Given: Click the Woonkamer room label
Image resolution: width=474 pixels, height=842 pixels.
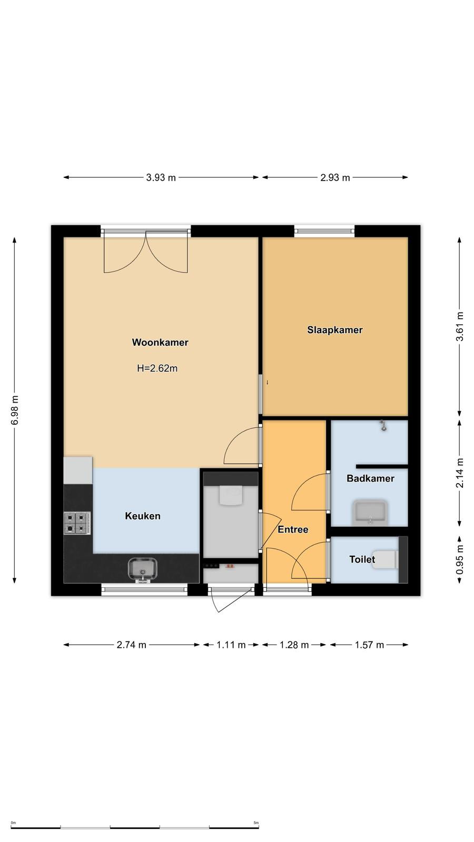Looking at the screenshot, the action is tap(160, 343).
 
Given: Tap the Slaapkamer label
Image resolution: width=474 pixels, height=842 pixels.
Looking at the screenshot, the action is tap(335, 330).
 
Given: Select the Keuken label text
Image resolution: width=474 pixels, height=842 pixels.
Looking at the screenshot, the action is tap(143, 516).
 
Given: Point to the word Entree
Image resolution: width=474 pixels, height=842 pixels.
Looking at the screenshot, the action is tap(293, 529).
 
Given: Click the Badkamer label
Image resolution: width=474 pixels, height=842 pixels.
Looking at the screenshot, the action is tap(371, 478).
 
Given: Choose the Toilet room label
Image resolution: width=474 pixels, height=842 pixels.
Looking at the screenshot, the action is tap(362, 559).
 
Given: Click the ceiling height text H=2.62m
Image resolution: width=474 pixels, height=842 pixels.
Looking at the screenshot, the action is tap(157, 368).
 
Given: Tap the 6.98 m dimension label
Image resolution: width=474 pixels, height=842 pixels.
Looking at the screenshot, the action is tap(15, 410).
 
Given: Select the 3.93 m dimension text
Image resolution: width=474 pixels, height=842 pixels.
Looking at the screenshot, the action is tap(161, 177).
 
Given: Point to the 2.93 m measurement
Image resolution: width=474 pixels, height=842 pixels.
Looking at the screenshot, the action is tap(335, 177).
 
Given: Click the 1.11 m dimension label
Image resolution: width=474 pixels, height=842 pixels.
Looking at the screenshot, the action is tap(231, 645).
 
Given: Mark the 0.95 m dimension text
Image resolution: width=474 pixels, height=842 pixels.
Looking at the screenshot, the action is tap(459, 560).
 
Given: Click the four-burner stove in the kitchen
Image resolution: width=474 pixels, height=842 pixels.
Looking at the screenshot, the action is tap(77, 523).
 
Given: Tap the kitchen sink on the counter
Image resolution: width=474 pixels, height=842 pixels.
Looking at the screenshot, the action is tap(143, 570).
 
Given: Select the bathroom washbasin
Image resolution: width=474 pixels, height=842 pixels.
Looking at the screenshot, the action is tap(370, 513).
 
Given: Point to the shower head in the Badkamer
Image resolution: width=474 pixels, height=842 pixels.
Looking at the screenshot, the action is tap(383, 426).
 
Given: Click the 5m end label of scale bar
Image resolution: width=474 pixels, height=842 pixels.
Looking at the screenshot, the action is tap(256, 823).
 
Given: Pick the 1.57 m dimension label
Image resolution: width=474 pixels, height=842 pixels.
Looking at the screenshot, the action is tap(369, 645).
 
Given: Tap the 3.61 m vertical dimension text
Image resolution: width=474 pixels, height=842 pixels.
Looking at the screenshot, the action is tap(459, 327).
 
